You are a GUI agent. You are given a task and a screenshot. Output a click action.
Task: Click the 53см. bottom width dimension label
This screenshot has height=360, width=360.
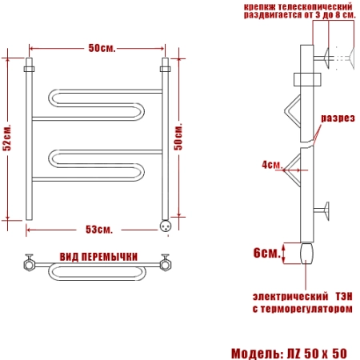pos(99,230)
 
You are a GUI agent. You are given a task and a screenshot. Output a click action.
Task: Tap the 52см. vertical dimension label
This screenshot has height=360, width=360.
pos(7,138)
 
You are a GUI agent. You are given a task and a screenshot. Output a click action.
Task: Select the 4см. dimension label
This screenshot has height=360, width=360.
pos(271,165)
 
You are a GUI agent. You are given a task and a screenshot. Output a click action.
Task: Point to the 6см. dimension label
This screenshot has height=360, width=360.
pos(267,253)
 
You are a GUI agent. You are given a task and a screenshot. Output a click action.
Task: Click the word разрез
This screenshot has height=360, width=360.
pos(338,118)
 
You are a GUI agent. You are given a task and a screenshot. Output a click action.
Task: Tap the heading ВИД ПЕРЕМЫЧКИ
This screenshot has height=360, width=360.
pos(98,257)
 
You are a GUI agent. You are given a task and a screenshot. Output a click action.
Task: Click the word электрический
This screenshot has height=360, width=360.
pos(290,297)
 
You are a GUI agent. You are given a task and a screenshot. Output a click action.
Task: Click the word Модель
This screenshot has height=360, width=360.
pos(255,354)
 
